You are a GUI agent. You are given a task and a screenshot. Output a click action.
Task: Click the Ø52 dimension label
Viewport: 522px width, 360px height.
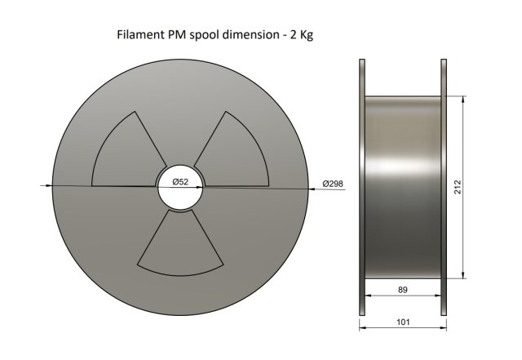pyautogui.click(x=180, y=182)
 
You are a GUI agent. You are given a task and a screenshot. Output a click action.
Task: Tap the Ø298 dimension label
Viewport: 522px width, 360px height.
pyautogui.click(x=333, y=184)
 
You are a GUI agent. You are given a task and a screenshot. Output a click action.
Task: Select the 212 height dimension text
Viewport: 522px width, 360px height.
pyautogui.click(x=458, y=187)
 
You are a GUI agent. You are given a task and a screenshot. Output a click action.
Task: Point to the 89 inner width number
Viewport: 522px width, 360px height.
pyautogui.click(x=402, y=290)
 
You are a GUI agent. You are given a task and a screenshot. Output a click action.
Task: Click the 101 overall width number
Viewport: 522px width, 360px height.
pyautogui.click(x=403, y=322)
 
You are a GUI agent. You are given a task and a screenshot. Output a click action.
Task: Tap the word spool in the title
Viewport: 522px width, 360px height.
pyautogui.click(x=204, y=35)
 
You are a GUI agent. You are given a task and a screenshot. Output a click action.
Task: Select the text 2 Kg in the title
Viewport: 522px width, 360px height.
pyautogui.click(x=302, y=35)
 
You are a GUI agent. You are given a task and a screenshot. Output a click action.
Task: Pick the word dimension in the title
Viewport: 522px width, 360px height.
pyautogui.click(x=250, y=34)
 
